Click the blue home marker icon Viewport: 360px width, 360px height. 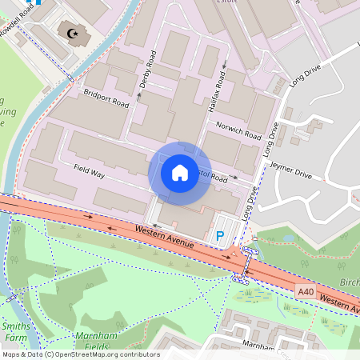(x=180, y=172)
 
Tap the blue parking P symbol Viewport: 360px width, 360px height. (x=220, y=237)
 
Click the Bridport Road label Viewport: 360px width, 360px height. (x=106, y=98)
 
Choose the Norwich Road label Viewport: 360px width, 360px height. (x=239, y=130)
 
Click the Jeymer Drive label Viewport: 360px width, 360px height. (x=290, y=170)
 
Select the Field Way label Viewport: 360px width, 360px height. (x=90, y=170)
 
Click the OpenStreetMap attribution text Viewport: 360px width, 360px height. (x=80, y=354)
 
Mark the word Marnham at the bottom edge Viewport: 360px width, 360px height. (x=258, y=346)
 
